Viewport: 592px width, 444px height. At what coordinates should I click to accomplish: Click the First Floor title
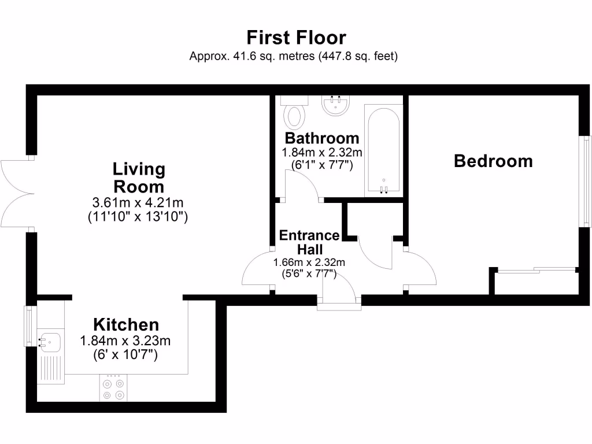pyautogui.click(x=296, y=38)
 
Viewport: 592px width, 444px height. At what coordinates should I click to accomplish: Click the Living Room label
pyautogui.click(x=139, y=178)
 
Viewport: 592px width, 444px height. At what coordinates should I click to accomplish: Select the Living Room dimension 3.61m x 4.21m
pyautogui.click(x=139, y=203)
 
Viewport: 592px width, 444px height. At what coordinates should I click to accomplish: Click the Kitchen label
pyautogui.click(x=126, y=324)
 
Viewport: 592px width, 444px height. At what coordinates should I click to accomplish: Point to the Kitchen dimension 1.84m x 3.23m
pyautogui.click(x=125, y=341)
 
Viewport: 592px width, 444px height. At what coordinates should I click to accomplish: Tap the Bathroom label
pyautogui.click(x=322, y=139)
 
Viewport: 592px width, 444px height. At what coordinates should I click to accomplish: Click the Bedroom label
pyautogui.click(x=493, y=161)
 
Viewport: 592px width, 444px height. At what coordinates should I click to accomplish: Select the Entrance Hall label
pyautogui.click(x=309, y=242)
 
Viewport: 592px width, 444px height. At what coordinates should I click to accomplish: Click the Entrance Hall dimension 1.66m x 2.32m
pyautogui.click(x=309, y=262)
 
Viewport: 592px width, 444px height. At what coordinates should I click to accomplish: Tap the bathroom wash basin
pyautogui.click(x=335, y=105)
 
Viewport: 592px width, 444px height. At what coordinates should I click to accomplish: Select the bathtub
pyautogui.click(x=383, y=150)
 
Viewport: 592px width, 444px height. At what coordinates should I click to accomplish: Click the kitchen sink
pyautogui.click(x=50, y=342)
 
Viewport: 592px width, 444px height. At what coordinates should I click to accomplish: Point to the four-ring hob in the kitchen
pyautogui.click(x=113, y=388)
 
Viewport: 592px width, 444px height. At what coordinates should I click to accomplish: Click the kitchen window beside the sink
pyautogui.click(x=29, y=326)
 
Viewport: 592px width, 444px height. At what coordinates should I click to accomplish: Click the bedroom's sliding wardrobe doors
pyautogui.click(x=536, y=269)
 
